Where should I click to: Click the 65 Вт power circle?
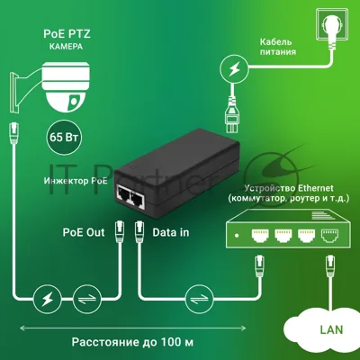(x=64, y=138)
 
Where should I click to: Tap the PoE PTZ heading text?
(x=67, y=33)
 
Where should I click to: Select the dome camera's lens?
(x=73, y=100)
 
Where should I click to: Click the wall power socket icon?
(x=332, y=24)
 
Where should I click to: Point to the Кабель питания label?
(x=277, y=47)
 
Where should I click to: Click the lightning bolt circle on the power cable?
(x=234, y=69)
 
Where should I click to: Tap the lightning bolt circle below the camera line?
(x=47, y=299)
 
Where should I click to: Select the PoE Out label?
(x=84, y=232)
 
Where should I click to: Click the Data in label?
(x=171, y=232)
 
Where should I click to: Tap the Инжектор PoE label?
(x=76, y=181)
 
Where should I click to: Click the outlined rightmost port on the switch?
(x=330, y=236)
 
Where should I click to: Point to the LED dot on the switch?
(x=237, y=236)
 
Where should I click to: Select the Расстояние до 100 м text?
(x=132, y=342)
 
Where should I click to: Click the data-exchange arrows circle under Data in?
(x=200, y=299)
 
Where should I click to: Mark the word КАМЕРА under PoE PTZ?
(x=66, y=47)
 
